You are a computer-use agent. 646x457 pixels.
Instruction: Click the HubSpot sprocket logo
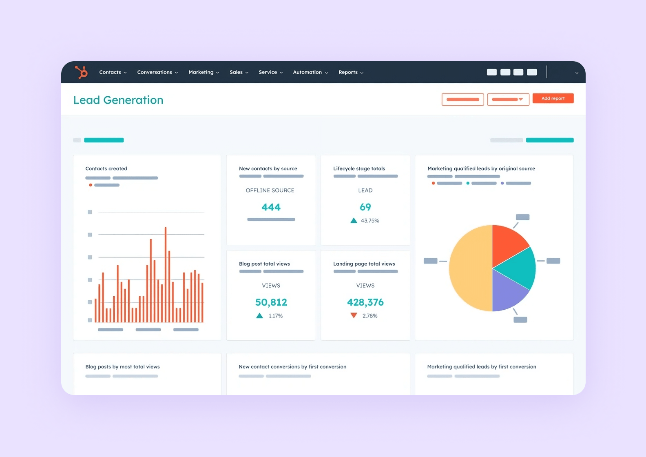[81, 72]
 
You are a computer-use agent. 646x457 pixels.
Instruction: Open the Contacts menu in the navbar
[113, 72]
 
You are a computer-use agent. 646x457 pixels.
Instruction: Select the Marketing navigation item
[204, 72]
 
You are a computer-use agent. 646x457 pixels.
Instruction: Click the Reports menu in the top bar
[350, 72]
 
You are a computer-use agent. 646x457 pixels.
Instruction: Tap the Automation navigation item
[310, 72]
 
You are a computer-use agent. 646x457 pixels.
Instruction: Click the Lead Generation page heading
[118, 100]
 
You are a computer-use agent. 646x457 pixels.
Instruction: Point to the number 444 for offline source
[271, 207]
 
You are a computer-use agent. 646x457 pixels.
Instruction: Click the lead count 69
[365, 207]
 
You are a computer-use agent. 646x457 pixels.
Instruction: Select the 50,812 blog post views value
[271, 302]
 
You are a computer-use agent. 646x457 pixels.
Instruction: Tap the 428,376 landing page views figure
[365, 302]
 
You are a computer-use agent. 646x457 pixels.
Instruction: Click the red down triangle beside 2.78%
[354, 315]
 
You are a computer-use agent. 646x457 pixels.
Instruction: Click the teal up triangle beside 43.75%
[354, 221]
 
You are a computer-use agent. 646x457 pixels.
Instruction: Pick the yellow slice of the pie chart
[469, 268]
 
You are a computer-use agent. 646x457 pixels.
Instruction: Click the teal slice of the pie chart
[518, 267]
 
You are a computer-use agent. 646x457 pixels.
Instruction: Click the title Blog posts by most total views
[122, 367]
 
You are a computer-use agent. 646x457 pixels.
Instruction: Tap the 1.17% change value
[276, 316]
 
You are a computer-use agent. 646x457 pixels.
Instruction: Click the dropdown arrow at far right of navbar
[577, 73]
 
